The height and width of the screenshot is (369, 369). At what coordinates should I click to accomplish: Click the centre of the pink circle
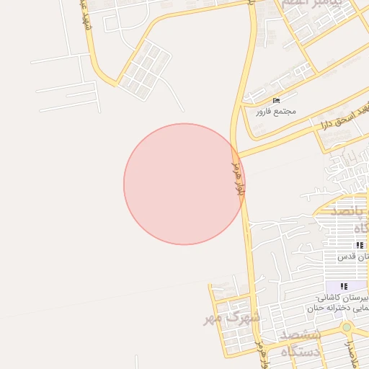click(x=184, y=184)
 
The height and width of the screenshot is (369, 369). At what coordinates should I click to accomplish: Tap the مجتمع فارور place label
click(x=275, y=112)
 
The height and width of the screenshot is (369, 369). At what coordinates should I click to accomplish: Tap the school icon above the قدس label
click(x=360, y=246)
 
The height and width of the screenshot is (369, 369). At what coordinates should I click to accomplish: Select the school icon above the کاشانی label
click(x=343, y=286)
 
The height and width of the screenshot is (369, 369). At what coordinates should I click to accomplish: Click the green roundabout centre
click(x=347, y=327)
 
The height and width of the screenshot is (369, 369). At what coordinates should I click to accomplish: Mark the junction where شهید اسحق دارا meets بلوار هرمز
click(x=236, y=154)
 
